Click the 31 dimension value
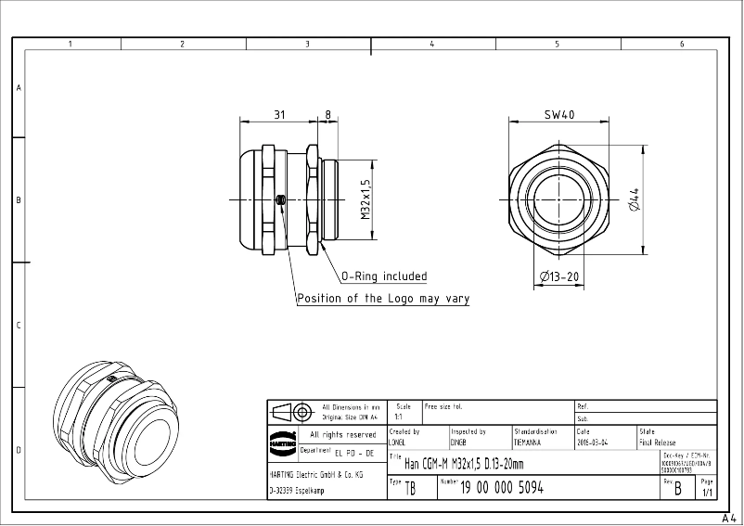tap(279, 115)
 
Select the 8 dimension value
tap(327, 115)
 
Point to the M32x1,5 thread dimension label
tap(366, 199)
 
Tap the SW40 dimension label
tap(559, 115)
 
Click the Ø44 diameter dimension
tap(635, 199)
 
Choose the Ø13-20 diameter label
tap(559, 276)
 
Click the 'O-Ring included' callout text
tap(384, 276)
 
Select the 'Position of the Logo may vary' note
tap(383, 299)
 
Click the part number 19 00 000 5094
tap(502, 487)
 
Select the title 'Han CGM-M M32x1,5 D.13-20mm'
tap(464, 464)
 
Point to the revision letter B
tap(678, 488)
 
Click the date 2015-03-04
tap(593, 443)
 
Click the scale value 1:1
tap(398, 417)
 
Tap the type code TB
tap(411, 489)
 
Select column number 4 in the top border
tap(432, 44)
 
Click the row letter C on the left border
tap(18, 326)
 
